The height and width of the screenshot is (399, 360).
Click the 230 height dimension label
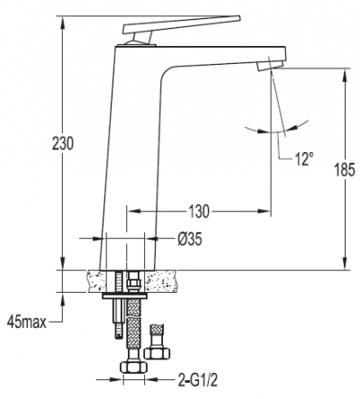coord(63,143)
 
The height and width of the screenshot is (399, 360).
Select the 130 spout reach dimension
coord(199,212)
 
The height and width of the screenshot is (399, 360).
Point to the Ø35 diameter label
coord(190,240)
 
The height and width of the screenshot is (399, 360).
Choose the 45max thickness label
coord(27,322)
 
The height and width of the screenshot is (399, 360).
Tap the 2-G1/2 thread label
coord(197,380)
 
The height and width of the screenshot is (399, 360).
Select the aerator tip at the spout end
coord(270,65)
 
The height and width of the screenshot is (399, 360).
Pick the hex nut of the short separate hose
coord(157,352)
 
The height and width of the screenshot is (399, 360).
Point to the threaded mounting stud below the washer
coord(118,318)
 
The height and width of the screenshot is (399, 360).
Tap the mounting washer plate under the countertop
coord(125,296)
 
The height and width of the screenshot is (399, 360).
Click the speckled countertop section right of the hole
coord(161,281)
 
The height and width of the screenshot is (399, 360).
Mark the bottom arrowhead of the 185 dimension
coord(345,263)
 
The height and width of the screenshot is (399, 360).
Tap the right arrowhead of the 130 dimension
coord(265,211)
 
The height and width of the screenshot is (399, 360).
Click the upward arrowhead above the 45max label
coord(63,299)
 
